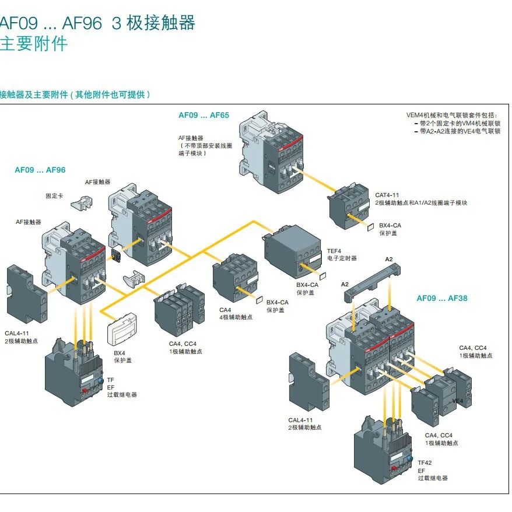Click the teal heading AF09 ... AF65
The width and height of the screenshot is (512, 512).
[204, 115]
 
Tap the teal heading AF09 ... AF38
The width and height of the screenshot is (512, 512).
[441, 298]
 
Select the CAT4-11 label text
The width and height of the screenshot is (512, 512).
[387, 195]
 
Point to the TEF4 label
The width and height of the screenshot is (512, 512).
[334, 250]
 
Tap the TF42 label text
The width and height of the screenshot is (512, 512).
[425, 462]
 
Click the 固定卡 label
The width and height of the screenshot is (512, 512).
[54, 197]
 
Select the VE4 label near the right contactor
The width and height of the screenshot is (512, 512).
[458, 401]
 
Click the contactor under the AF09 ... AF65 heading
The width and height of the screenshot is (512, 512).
[271, 152]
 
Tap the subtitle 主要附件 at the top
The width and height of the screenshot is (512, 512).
[33, 44]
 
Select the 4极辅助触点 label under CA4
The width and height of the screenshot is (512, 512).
[236, 317]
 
